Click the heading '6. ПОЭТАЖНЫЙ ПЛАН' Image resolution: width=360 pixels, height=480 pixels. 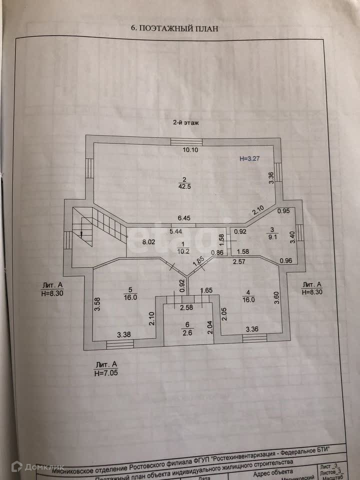[174, 28]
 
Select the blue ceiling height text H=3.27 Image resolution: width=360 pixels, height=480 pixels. [251, 159]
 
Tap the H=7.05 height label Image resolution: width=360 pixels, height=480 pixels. [106, 372]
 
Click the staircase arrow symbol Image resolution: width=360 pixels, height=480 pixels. [79, 231]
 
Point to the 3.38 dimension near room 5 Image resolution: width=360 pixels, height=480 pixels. [124, 335]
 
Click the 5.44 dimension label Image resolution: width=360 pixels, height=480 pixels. [175, 231]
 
